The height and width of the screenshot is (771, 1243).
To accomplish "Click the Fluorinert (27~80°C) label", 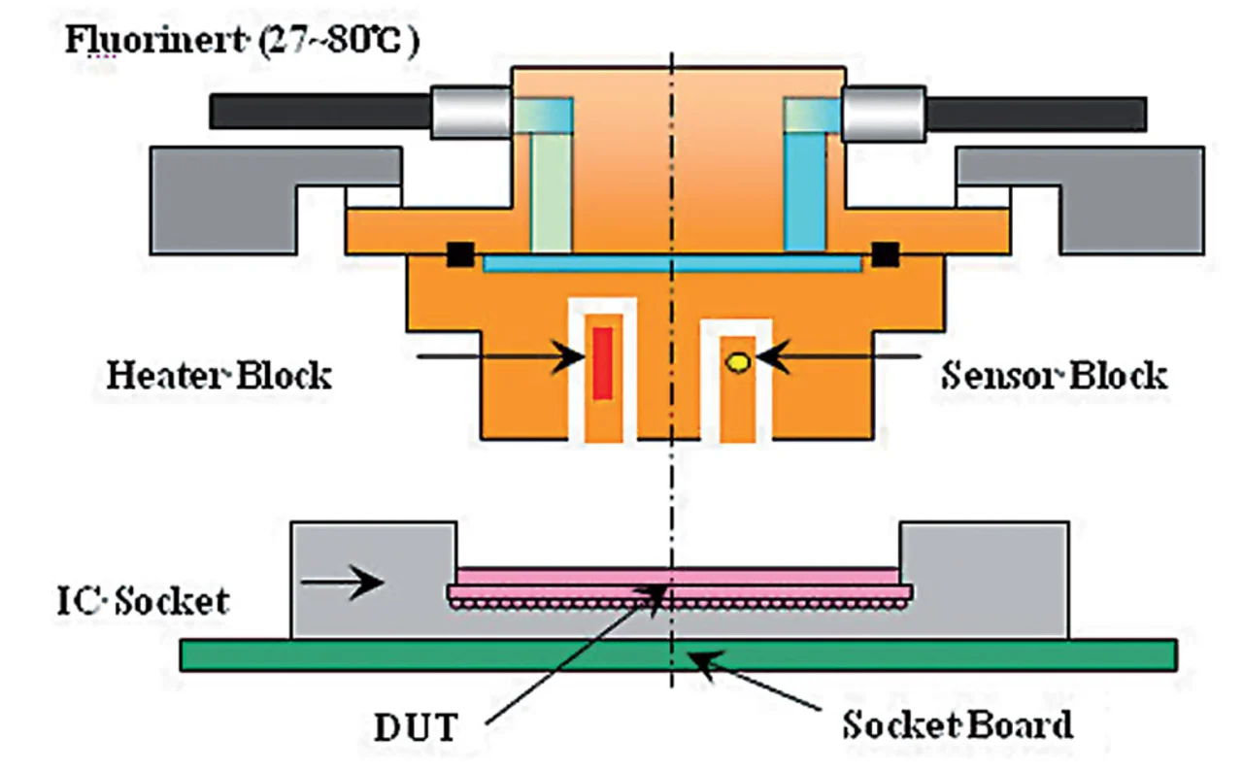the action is click(x=243, y=41).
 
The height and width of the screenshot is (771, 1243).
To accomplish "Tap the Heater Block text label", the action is click(x=219, y=376).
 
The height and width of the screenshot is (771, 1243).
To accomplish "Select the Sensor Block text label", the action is click(x=1055, y=376).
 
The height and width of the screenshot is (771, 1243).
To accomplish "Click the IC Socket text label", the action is click(x=143, y=601).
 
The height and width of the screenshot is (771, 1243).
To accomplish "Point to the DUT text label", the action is click(x=417, y=727).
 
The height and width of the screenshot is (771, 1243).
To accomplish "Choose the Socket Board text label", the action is click(x=957, y=725).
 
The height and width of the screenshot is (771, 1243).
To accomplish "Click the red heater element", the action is click(x=603, y=363).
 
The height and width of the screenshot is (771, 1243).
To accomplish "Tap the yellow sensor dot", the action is click(x=738, y=362).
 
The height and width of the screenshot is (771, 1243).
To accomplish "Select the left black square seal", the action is click(x=460, y=254).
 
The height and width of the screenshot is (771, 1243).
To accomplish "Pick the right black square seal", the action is click(x=885, y=254).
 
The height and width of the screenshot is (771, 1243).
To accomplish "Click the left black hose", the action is click(x=320, y=112).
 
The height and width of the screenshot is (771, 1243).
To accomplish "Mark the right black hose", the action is click(x=1035, y=115).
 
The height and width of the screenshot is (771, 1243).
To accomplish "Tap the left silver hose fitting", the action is click(x=471, y=112).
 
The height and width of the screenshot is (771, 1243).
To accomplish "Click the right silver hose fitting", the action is click(x=884, y=114).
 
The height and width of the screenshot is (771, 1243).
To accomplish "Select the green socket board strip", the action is click(x=678, y=655).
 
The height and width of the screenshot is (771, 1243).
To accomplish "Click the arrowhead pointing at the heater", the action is click(x=569, y=356).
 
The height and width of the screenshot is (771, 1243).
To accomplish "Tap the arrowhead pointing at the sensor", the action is click(x=772, y=356).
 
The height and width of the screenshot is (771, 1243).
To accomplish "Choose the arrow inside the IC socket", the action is click(x=342, y=583).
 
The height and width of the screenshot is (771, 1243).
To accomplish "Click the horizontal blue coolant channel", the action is click(x=673, y=263).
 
